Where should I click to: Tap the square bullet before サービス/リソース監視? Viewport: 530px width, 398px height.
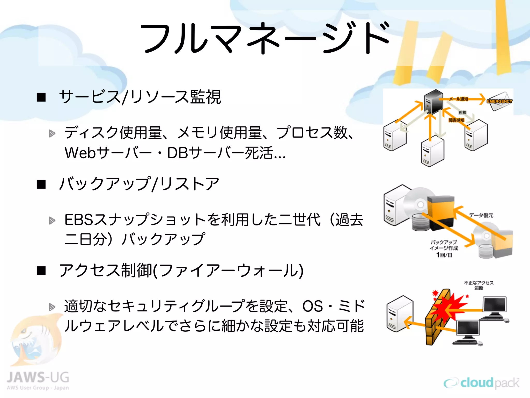(x=41, y=97)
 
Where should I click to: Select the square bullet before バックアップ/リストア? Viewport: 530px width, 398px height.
(x=41, y=184)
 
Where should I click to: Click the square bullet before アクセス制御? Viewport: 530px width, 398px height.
(x=41, y=271)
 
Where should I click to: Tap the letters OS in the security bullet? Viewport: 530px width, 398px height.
(x=312, y=306)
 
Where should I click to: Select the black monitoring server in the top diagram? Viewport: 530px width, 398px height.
(x=434, y=102)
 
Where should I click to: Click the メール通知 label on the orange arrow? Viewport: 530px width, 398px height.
(x=458, y=99)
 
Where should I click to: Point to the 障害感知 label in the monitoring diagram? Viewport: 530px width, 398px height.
(x=457, y=120)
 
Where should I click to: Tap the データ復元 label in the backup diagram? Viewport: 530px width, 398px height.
(x=481, y=215)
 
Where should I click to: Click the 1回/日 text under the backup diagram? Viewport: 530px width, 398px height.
(x=444, y=255)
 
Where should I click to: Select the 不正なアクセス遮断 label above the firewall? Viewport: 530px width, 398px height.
(x=479, y=285)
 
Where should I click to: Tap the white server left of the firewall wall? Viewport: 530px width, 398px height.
(x=399, y=314)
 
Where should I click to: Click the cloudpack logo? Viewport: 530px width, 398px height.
(x=481, y=383)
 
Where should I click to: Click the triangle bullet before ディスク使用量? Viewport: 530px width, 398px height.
(x=52, y=133)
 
